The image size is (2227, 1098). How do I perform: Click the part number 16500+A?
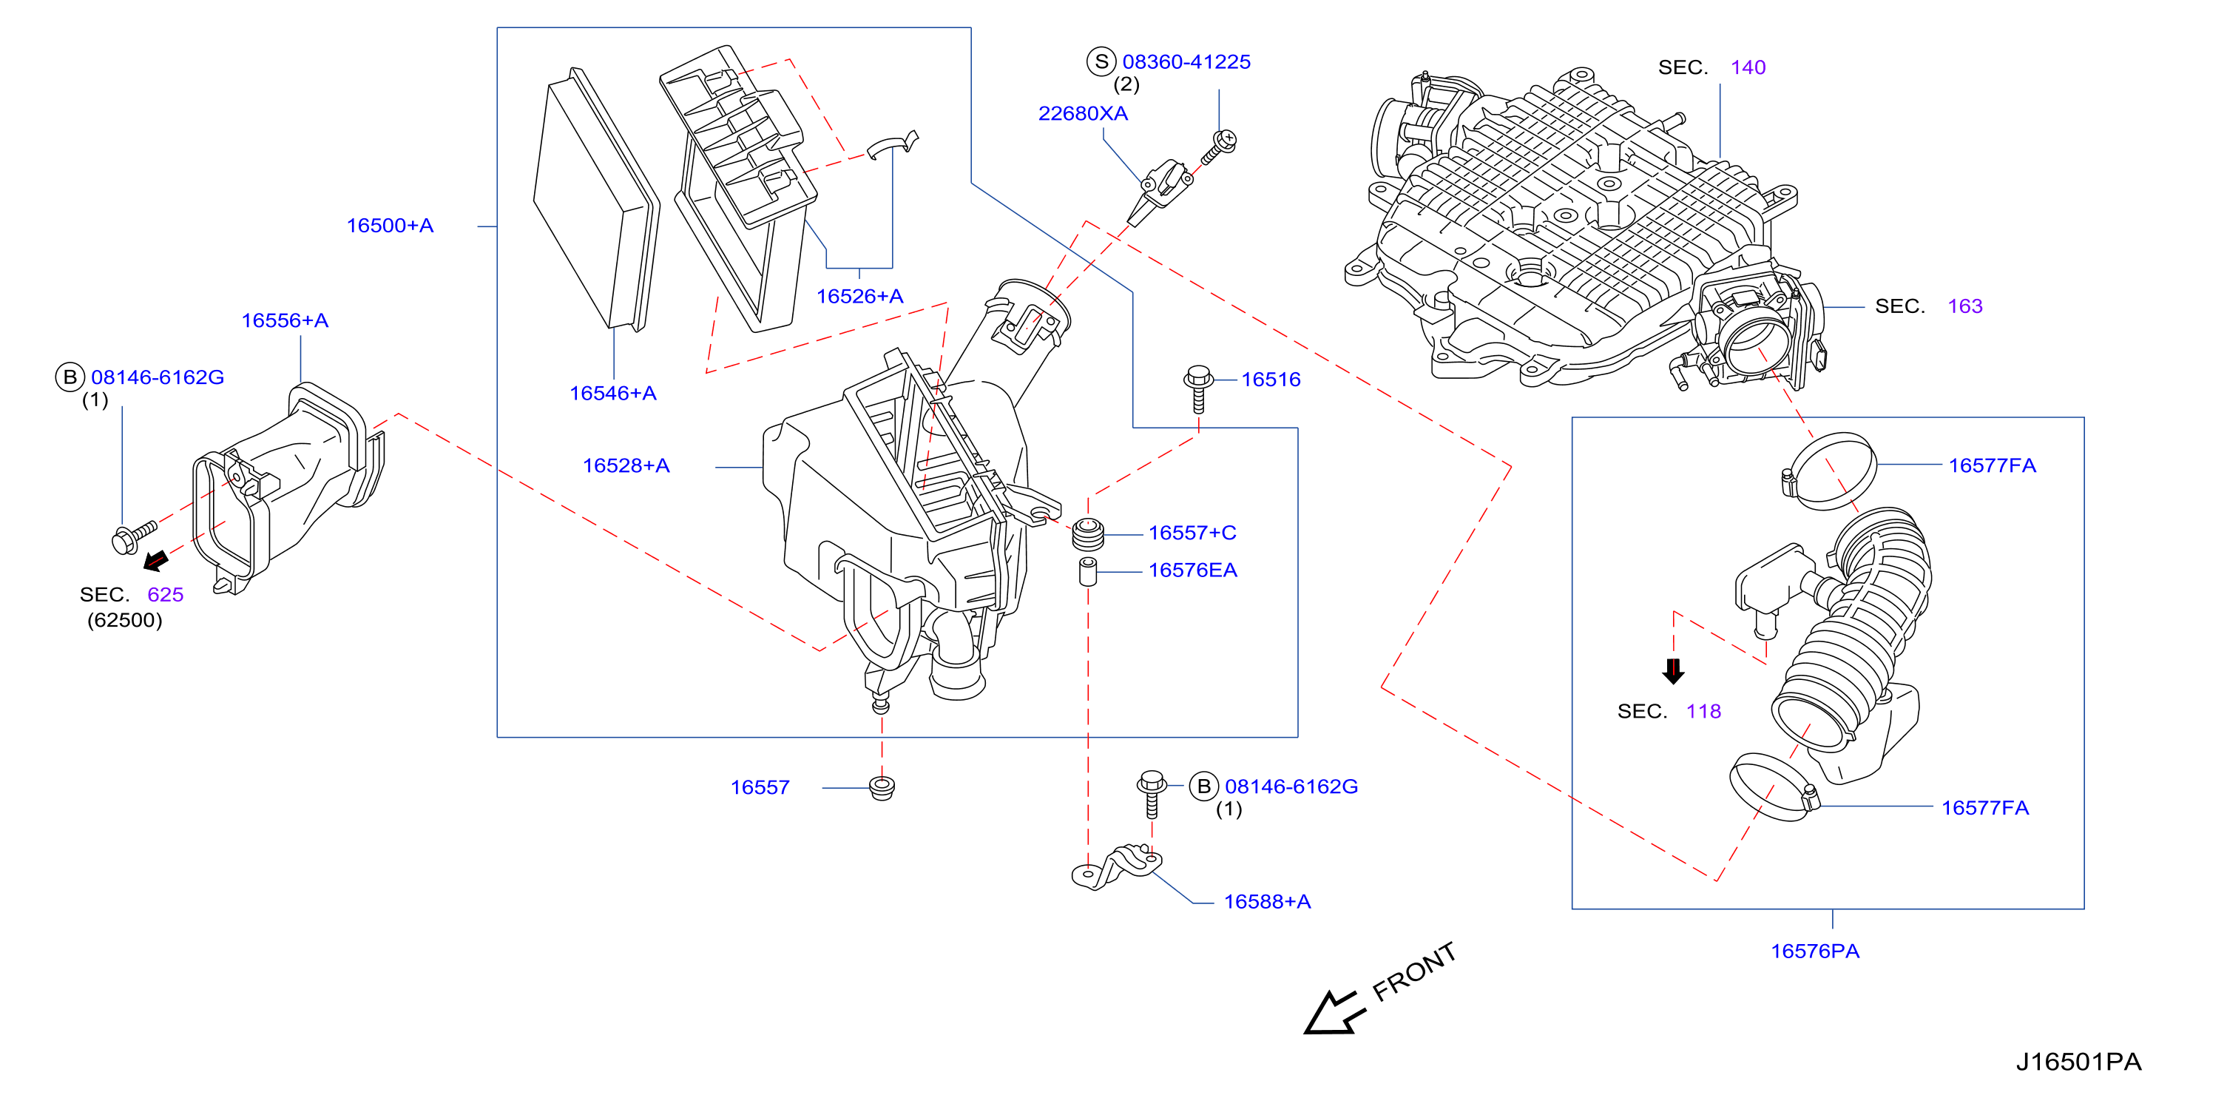[x=390, y=226]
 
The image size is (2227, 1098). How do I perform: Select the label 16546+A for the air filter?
[x=613, y=394]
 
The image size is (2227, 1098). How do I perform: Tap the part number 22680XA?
[x=1082, y=113]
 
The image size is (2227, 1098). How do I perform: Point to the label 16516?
[x=1271, y=380]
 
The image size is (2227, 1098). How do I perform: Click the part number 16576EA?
[x=1192, y=570]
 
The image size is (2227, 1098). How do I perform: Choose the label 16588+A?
[x=1268, y=902]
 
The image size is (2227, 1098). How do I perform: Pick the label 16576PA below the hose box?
[x=1814, y=951]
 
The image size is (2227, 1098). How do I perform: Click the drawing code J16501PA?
[x=2079, y=1062]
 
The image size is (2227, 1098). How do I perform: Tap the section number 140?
[x=1748, y=67]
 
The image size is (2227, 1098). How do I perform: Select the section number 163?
[x=1965, y=306]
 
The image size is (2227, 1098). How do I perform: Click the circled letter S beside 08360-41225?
[x=1101, y=61]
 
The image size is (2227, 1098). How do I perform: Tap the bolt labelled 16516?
[x=1198, y=389]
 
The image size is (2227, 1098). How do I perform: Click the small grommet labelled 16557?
[x=882, y=788]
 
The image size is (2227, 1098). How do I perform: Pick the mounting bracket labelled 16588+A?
[x=1117, y=867]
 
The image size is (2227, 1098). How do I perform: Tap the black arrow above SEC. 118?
[x=1674, y=671]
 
